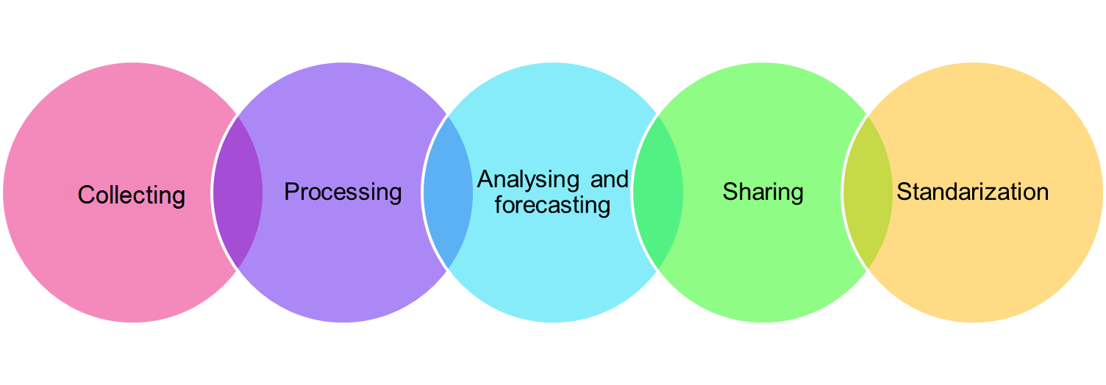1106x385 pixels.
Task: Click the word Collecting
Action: [131, 195]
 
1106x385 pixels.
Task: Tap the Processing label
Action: [343, 192]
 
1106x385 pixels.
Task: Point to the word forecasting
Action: [552, 205]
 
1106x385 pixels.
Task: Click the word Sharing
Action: [763, 192]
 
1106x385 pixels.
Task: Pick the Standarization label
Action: [972, 192]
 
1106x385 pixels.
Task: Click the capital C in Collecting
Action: [85, 195]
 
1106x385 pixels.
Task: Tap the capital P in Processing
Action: [291, 192]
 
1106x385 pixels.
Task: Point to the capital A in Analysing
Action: [485, 179]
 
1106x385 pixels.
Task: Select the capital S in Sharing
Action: [729, 192]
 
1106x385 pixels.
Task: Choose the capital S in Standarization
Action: [904, 192]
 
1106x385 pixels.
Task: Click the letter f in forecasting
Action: [498, 204]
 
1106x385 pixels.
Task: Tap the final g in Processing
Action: [395, 195]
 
